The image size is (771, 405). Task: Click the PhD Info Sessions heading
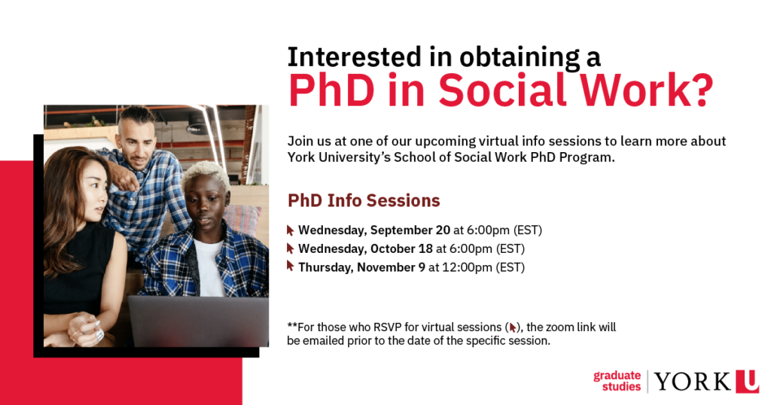coord(364,200)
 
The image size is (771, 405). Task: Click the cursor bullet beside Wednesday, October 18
coord(290,248)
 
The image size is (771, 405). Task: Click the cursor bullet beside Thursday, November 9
coord(290,266)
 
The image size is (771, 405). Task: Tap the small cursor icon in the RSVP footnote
coord(513,327)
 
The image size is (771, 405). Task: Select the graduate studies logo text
coord(617,382)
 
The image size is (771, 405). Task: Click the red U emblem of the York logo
coord(748,382)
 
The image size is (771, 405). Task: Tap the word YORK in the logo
coord(693,382)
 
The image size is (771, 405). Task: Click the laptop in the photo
coord(199,321)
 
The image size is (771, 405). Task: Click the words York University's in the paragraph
coord(339,158)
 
